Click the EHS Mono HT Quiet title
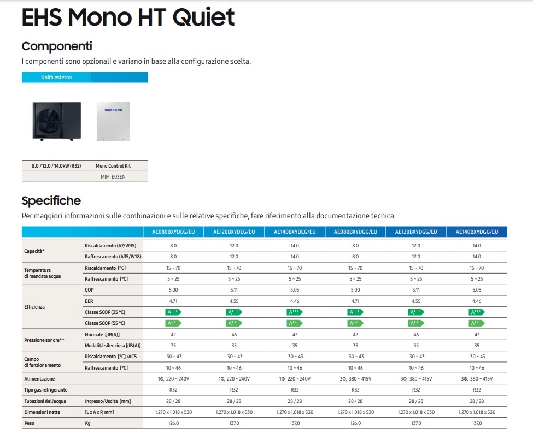pyautogui.click(x=128, y=17)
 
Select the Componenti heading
pyautogui.click(x=56, y=46)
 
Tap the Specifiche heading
pyautogui.click(x=51, y=200)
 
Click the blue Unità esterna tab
pyautogui.click(x=56, y=78)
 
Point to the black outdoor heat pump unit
pyautogui.click(x=56, y=121)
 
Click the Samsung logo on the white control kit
pyautogui.click(x=113, y=111)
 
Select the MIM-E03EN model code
pyautogui.click(x=113, y=176)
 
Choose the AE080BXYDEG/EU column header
pyautogui.click(x=173, y=232)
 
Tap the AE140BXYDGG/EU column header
pyautogui.click(x=477, y=232)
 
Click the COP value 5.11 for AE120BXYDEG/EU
pyautogui.click(x=234, y=290)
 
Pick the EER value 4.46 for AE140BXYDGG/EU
pyautogui.click(x=477, y=301)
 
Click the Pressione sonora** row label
pyautogui.click(x=44, y=340)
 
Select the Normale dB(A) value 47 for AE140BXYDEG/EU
pyautogui.click(x=295, y=334)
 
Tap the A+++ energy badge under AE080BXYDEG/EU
pyautogui.click(x=173, y=312)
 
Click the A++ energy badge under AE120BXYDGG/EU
pyautogui.click(x=415, y=323)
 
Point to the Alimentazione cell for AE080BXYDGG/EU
pyautogui.click(x=355, y=378)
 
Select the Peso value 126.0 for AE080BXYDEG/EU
pyautogui.click(x=173, y=423)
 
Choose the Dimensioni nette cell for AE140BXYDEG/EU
pyautogui.click(x=295, y=412)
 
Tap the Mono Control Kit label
pyautogui.click(x=113, y=165)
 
